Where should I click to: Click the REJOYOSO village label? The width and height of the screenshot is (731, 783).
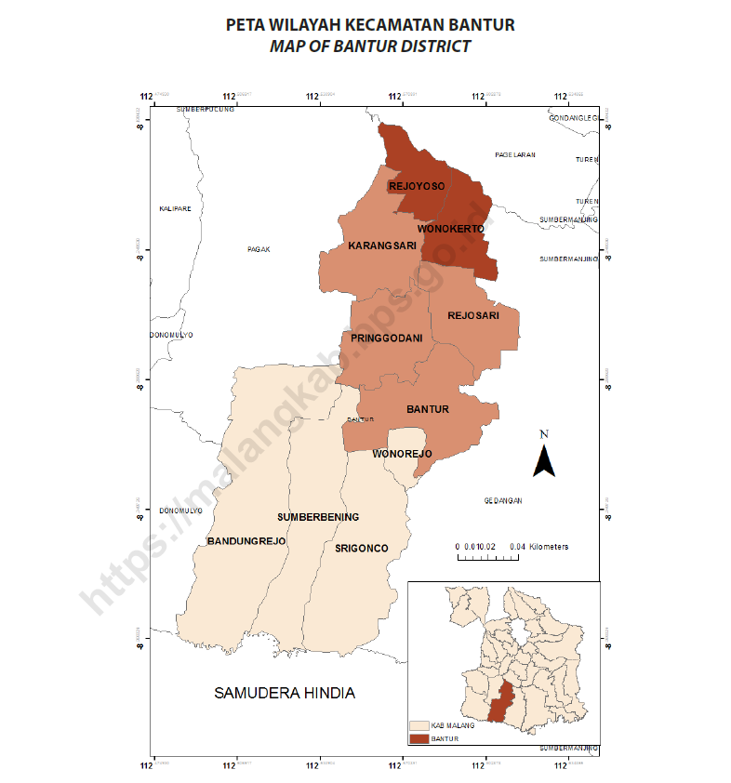tap(417, 187)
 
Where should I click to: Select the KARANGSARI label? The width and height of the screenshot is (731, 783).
tap(381, 246)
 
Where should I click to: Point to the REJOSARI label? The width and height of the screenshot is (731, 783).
tap(473, 315)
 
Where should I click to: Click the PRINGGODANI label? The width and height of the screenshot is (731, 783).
tap(387, 338)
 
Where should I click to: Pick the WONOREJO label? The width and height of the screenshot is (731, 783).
tap(403, 454)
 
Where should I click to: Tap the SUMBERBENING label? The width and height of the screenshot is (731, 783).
tap(318, 517)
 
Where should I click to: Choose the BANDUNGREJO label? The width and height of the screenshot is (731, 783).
tap(246, 540)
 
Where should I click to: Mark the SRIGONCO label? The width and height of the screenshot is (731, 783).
tap(361, 549)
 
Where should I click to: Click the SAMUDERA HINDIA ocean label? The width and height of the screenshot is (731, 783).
tap(285, 694)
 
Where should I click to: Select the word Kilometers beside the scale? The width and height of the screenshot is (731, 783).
tap(549, 547)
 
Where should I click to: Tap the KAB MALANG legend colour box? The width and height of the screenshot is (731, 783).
tap(419, 725)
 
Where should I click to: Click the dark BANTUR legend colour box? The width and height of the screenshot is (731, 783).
tap(419, 738)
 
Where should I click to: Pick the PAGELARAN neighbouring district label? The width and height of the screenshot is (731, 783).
tap(515, 155)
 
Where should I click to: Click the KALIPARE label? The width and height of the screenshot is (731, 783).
tap(175, 208)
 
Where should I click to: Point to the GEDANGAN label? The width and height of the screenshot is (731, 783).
tap(503, 500)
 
